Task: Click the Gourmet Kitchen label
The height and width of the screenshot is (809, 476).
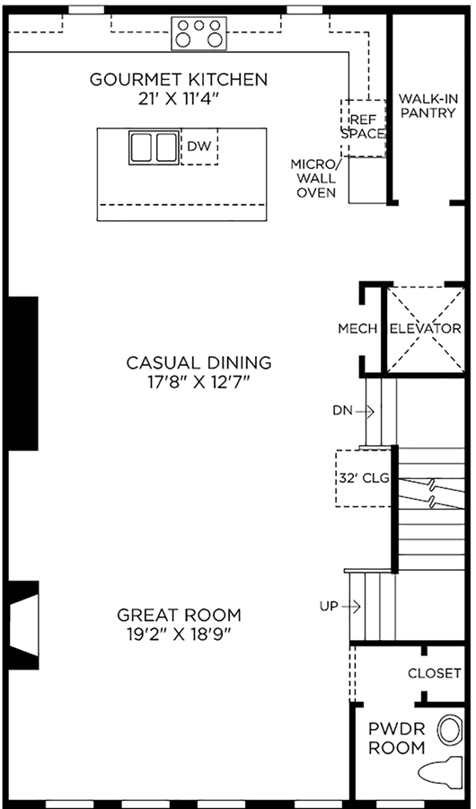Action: coord(179,80)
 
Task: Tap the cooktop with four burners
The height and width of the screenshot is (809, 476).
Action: coord(199,33)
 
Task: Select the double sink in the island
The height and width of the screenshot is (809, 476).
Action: coord(154,147)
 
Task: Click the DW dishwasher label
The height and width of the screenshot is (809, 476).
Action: coord(199,147)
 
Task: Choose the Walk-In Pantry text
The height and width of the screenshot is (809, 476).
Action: coord(428,105)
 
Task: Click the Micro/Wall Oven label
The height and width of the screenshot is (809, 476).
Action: coord(313,179)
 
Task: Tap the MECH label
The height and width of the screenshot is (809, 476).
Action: coord(358,329)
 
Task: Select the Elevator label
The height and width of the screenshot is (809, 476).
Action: coord(426,329)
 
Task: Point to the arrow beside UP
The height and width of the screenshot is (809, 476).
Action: coord(350,607)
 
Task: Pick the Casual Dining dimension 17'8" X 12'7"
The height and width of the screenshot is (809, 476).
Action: coord(199,383)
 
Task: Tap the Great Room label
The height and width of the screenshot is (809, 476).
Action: coord(179,616)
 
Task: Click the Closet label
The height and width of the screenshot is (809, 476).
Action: coord(434,673)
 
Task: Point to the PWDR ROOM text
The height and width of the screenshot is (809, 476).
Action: coord(397,738)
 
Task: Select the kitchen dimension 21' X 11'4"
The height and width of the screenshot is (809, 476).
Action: coord(180,99)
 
